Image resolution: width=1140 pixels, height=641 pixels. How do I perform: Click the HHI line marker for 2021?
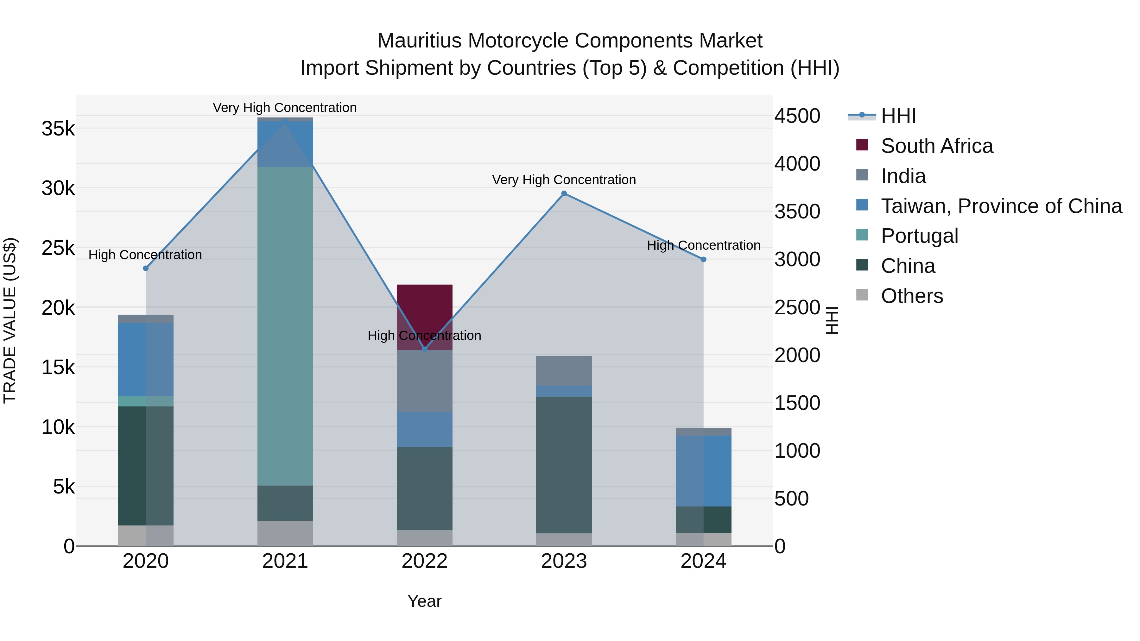click(285, 120)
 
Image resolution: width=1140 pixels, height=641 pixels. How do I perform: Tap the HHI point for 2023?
click(564, 193)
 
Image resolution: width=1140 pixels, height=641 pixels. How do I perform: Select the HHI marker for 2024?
click(703, 259)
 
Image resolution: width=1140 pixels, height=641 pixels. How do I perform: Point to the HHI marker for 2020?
click(146, 268)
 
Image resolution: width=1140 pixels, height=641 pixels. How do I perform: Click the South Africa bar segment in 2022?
click(424, 310)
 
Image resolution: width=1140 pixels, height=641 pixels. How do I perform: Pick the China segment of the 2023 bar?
click(564, 464)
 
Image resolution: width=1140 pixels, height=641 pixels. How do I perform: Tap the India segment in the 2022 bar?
click(424, 381)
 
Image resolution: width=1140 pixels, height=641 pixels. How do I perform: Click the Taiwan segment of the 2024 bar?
click(703, 471)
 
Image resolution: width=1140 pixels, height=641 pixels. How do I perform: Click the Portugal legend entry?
click(919, 236)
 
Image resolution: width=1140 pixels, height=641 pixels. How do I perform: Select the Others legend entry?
click(912, 296)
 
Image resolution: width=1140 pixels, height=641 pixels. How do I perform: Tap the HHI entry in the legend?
click(898, 116)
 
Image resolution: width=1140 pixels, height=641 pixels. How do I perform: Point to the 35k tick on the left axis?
click(58, 129)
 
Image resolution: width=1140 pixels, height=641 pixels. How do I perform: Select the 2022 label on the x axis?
click(424, 561)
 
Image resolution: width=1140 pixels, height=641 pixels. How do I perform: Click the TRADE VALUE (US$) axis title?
click(10, 320)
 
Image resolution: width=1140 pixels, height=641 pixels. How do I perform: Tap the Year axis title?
click(424, 601)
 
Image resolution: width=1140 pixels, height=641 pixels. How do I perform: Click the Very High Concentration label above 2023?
click(564, 180)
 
